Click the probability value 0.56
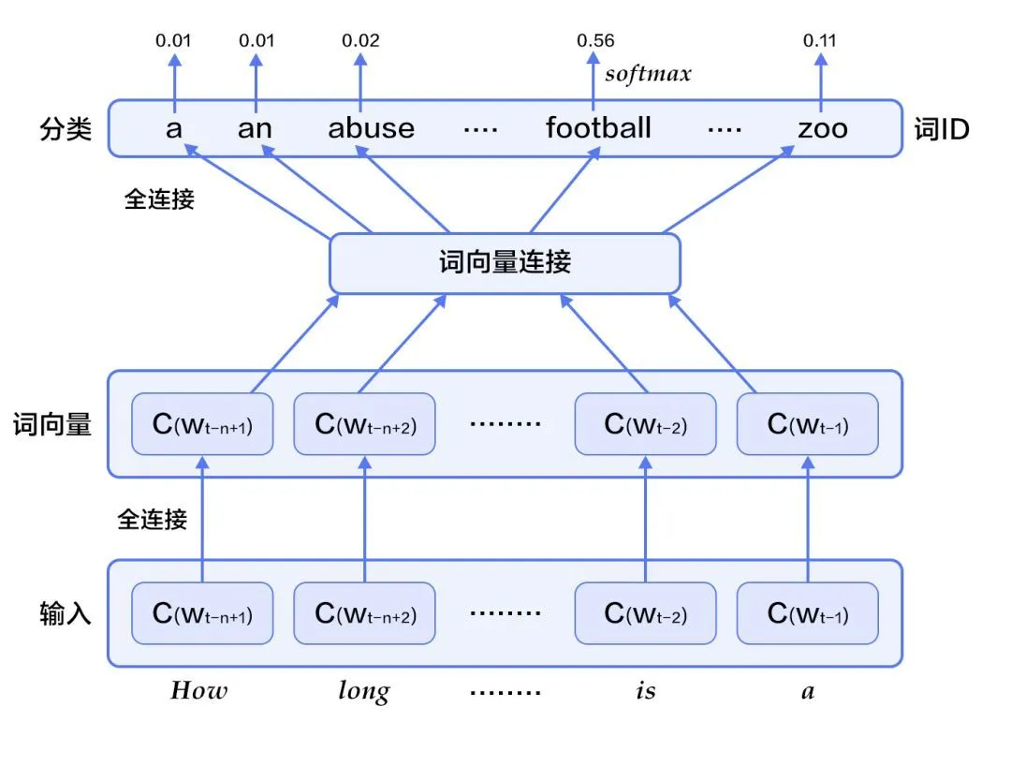tap(595, 40)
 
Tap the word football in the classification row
tap(598, 127)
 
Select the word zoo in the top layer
tap(822, 127)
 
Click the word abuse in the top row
tap(371, 127)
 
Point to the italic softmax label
tap(648, 74)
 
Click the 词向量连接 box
tap(505, 262)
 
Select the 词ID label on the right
tap(941, 129)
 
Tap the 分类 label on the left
tap(66, 129)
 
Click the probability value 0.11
tap(821, 40)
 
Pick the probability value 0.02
tap(360, 40)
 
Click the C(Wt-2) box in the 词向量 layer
tap(645, 424)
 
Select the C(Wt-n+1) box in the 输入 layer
tap(202, 613)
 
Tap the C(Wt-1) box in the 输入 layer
tap(808, 613)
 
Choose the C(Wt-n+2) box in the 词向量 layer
tap(364, 424)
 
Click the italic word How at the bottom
tap(198, 691)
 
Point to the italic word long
tap(363, 692)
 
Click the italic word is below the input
tap(645, 691)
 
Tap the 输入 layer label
tap(66, 613)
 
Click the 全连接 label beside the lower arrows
tap(152, 518)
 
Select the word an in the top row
tap(254, 127)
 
